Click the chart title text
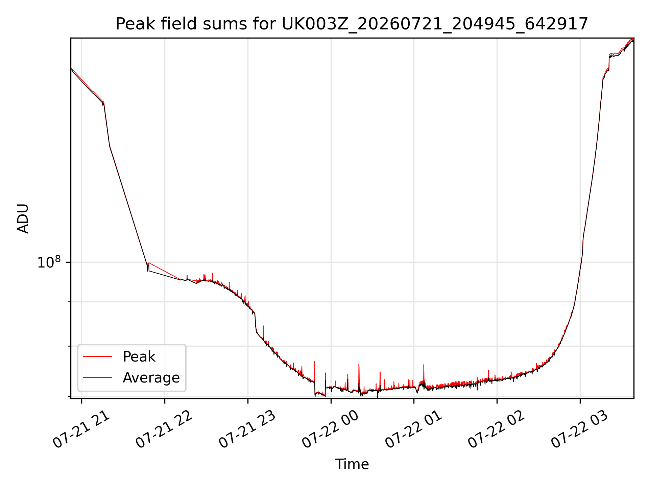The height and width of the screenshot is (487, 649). [352, 24]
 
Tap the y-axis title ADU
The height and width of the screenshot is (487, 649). [23, 218]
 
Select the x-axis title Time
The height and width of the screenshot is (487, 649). [352, 464]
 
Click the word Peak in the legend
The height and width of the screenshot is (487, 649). [139, 357]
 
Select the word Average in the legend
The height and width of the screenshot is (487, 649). [151, 378]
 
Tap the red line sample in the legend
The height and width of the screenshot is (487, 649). [97, 356]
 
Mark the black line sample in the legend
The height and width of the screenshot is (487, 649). [97, 377]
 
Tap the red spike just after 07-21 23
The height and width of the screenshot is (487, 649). [263, 333]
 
